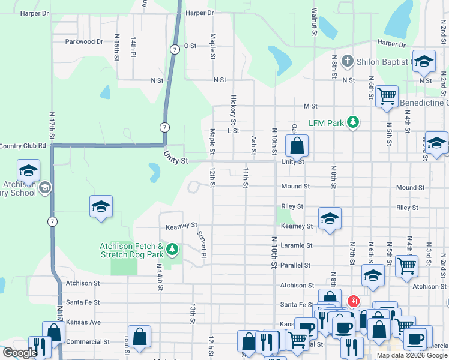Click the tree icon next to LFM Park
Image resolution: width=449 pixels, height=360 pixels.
click(x=354, y=122)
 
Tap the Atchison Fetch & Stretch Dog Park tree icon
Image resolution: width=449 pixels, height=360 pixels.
click(x=173, y=248)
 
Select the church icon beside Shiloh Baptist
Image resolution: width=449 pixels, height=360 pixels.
click(x=347, y=61)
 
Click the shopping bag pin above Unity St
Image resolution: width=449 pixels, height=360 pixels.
click(x=297, y=146)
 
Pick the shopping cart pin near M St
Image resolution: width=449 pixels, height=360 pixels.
click(x=387, y=95)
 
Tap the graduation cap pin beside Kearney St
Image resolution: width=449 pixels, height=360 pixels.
click(x=329, y=219)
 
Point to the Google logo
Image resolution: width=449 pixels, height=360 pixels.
click(x=20, y=353)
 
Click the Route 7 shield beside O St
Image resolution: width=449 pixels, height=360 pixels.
click(x=173, y=49)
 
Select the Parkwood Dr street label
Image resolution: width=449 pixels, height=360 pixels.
click(x=84, y=42)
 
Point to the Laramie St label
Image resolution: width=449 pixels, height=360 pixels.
click(x=297, y=245)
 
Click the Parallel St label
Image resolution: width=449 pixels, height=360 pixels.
click(x=295, y=265)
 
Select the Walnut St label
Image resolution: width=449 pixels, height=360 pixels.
click(x=314, y=20)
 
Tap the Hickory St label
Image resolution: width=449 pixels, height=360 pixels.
click(x=232, y=106)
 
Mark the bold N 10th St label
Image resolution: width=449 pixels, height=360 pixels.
click(x=274, y=252)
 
